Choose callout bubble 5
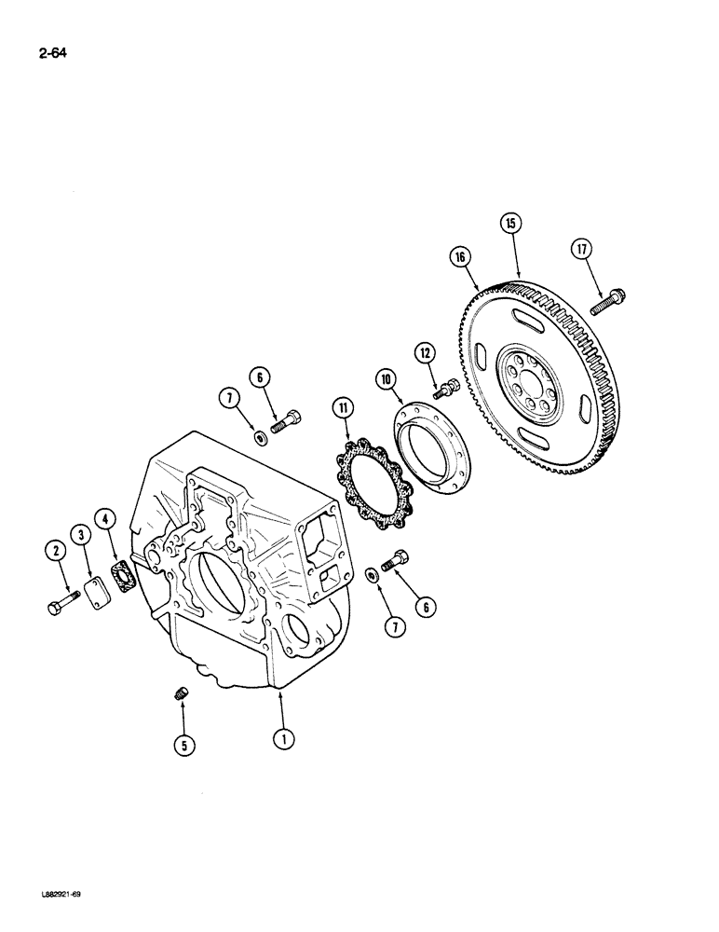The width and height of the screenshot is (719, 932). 184,745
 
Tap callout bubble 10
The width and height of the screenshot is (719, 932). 386,379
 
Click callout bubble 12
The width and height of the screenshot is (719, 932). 424,352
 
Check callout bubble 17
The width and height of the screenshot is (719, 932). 581,250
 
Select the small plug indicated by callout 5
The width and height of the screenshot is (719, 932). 183,693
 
